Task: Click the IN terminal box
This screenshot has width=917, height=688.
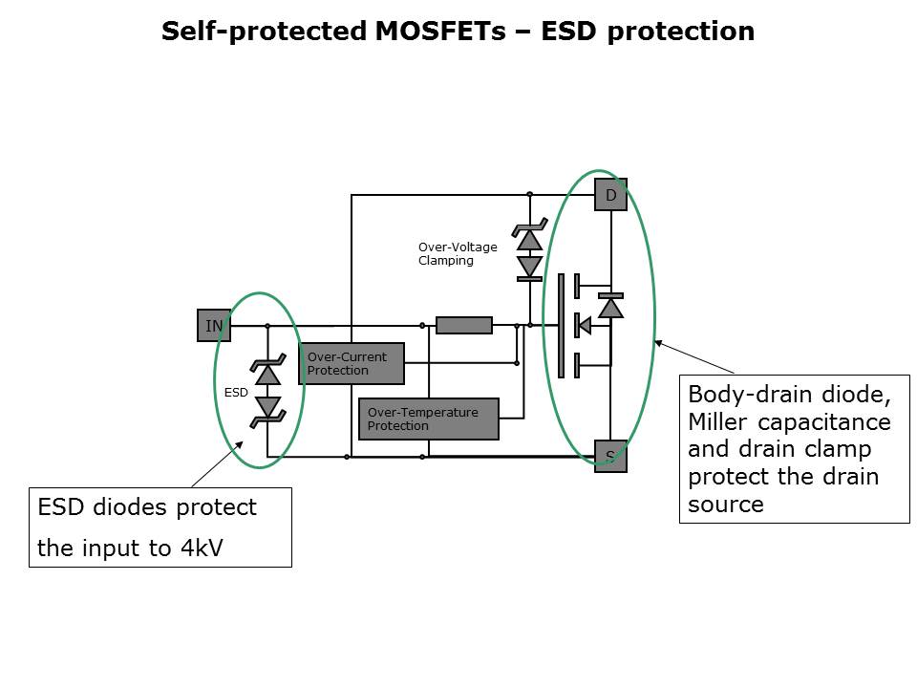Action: pyautogui.click(x=213, y=326)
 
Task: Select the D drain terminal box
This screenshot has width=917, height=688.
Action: pyautogui.click(x=610, y=195)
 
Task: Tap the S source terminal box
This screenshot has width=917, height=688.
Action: pyautogui.click(x=610, y=457)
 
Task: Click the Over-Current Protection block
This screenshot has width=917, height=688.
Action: pyautogui.click(x=351, y=364)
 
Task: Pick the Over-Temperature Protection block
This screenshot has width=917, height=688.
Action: pyautogui.click(x=428, y=419)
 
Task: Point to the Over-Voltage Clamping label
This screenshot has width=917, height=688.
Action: pyautogui.click(x=458, y=253)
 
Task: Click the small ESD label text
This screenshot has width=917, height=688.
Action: pyautogui.click(x=236, y=392)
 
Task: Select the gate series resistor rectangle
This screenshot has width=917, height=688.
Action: pyautogui.click(x=464, y=326)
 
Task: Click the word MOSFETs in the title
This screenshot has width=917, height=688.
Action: pyautogui.click(x=446, y=32)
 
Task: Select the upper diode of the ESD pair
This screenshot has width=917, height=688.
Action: pyautogui.click(x=268, y=374)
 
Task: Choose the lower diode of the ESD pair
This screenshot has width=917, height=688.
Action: pyautogui.click(x=268, y=408)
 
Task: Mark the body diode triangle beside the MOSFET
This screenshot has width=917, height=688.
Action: pyautogui.click(x=611, y=308)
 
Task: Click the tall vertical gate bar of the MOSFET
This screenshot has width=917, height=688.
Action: pyautogui.click(x=561, y=326)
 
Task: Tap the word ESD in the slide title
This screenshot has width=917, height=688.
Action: pyautogui.click(x=570, y=32)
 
